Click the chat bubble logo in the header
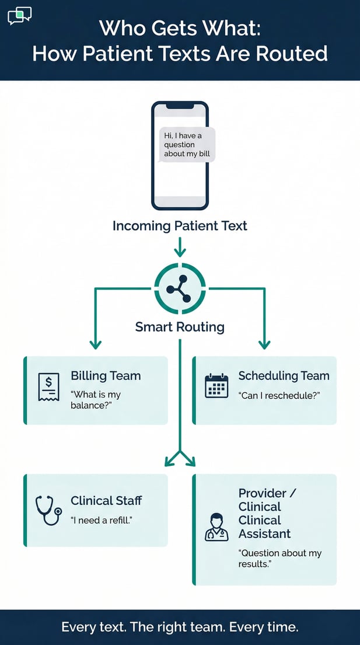click(19, 16)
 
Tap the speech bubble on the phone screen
click(187, 145)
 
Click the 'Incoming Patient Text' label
click(180, 226)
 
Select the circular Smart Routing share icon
click(180, 289)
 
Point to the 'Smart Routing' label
click(180, 326)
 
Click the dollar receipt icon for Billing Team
click(48, 387)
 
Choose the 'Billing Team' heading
click(106, 376)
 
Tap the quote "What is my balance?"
click(96, 400)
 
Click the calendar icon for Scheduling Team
click(216, 386)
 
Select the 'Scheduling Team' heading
click(284, 376)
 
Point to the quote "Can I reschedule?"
click(279, 396)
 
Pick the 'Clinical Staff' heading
click(106, 500)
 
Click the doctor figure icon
click(216, 527)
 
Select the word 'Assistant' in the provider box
click(264, 534)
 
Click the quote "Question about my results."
click(279, 559)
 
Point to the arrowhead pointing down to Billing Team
click(95, 344)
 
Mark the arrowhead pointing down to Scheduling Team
click(264, 344)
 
